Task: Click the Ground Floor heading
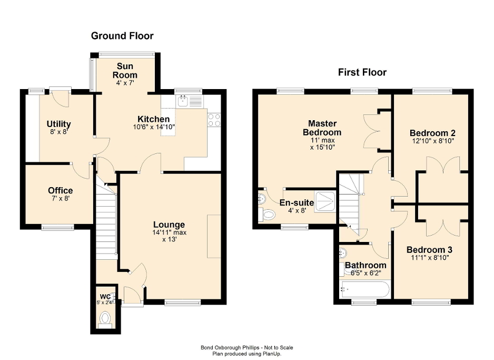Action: click(122, 36)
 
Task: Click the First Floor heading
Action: click(362, 72)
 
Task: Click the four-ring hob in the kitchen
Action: click(214, 120)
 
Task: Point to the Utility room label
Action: click(58, 124)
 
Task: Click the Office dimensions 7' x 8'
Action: click(60, 199)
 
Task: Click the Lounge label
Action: click(169, 225)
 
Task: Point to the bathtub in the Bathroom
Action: click(365, 289)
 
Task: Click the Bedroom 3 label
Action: click(430, 249)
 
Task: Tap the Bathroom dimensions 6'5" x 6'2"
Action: click(365, 273)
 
